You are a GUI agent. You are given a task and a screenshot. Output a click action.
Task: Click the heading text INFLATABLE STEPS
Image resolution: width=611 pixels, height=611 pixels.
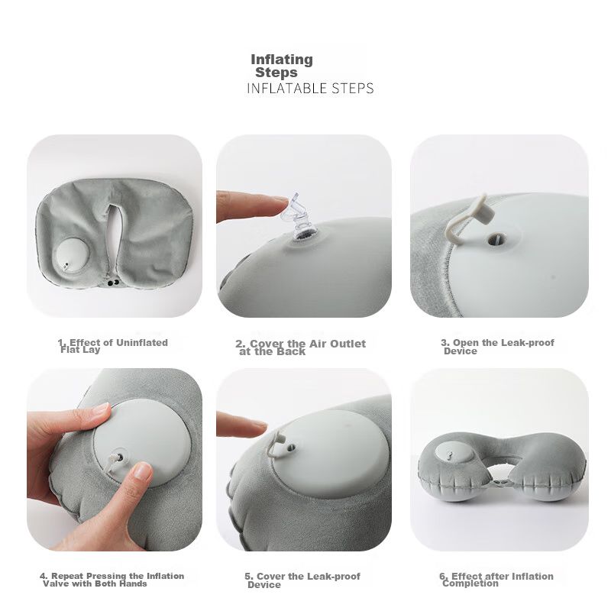(x=310, y=89)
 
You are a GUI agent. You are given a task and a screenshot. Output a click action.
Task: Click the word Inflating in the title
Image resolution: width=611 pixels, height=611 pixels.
(x=282, y=60)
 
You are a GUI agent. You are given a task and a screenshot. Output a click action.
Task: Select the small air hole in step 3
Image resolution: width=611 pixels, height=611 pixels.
(x=498, y=239)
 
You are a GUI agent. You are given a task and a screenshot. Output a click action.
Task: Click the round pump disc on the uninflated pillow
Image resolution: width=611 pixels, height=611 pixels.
(x=73, y=257)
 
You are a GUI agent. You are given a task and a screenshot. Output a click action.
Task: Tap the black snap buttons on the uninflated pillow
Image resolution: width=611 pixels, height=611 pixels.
(x=113, y=283)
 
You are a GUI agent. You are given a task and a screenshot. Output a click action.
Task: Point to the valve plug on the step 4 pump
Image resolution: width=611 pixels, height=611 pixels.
(x=115, y=460)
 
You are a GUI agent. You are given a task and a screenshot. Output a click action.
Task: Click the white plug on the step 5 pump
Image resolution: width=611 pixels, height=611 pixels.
(x=279, y=442)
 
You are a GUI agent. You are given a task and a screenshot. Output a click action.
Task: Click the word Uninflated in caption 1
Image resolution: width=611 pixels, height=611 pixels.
(x=142, y=343)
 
